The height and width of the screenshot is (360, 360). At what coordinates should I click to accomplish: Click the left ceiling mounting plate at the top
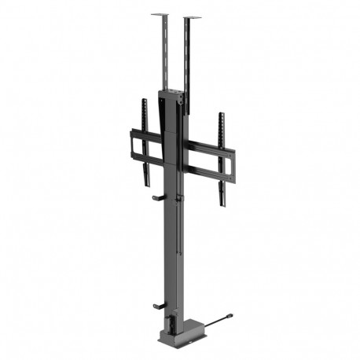pyautogui.click(x=160, y=13)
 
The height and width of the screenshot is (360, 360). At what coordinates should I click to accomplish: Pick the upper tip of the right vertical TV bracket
pyautogui.click(x=221, y=116)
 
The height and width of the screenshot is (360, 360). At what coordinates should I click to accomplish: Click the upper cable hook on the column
pyautogui.click(x=157, y=197)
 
